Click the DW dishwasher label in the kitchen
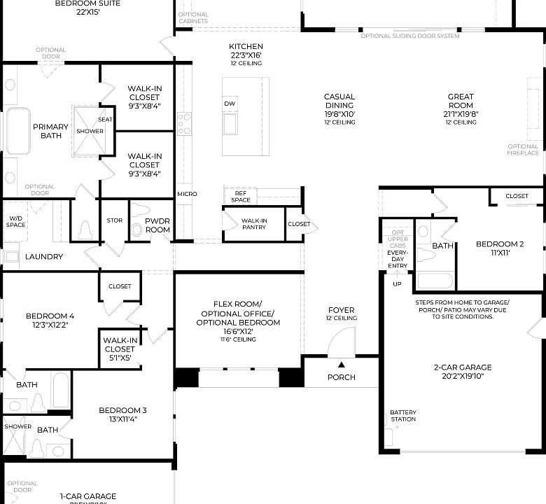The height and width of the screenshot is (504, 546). click(x=230, y=104)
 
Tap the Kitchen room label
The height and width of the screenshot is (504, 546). click(x=246, y=47)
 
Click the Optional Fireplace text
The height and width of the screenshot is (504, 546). click(x=523, y=150)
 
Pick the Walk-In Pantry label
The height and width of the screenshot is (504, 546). click(x=253, y=223)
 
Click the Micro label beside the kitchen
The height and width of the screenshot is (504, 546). click(x=187, y=194)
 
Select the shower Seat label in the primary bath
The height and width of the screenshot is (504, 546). click(x=106, y=120)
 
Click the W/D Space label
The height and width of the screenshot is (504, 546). click(x=16, y=222)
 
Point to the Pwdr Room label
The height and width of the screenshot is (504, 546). click(x=157, y=225)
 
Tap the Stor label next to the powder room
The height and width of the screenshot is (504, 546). click(x=115, y=220)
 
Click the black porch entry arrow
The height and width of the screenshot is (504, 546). click(x=342, y=364)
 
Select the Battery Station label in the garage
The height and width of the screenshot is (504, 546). click(x=402, y=416)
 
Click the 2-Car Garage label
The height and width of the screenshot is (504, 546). click(x=463, y=367)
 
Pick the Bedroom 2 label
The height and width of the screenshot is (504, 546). click(x=500, y=244)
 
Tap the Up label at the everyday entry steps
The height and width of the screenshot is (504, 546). click(x=398, y=284)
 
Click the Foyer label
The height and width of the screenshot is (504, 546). click(x=341, y=310)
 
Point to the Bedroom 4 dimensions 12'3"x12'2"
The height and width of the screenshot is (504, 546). click(x=49, y=325)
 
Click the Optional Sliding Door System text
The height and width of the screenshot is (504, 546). click(x=410, y=36)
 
